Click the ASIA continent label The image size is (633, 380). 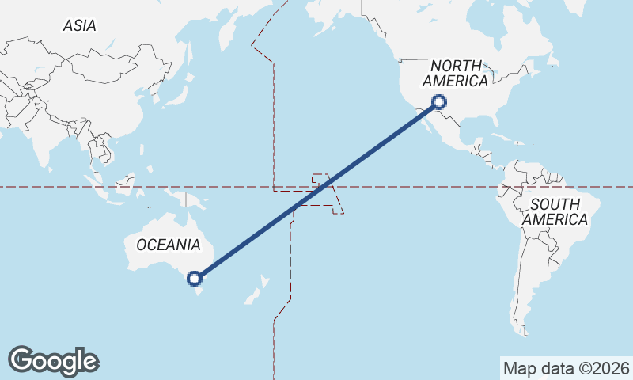pos(79,26)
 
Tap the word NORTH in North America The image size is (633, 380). pos(456,66)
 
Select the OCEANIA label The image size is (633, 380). pos(169,245)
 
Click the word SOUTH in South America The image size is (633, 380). pos(555,203)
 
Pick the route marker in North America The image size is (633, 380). pos(439,101)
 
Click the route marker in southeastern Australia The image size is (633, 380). pos(195,278)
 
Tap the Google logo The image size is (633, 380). pos(54,361)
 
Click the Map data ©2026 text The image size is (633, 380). pos(567,368)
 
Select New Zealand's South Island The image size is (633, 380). pos(252,297)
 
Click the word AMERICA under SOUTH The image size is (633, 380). pos(555,219)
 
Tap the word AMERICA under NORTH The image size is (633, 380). pos(455,82)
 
